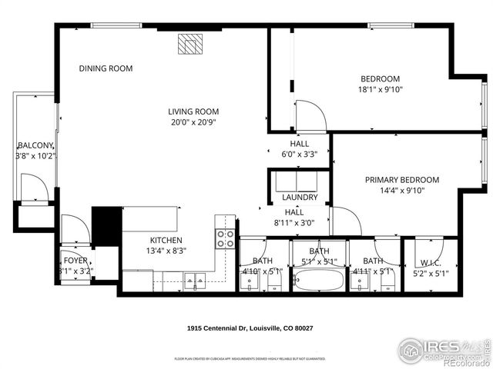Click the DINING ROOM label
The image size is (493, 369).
(106, 68)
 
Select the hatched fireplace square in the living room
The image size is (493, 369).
(189, 45)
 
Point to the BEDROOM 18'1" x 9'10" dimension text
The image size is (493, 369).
(381, 89)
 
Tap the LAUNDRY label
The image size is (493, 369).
(299, 198)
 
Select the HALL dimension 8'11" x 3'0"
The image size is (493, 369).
(299, 224)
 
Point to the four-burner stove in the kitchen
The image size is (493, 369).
(225, 239)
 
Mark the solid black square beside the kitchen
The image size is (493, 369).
(106, 225)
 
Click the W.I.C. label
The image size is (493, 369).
(431, 261)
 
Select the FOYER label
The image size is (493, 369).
(75, 261)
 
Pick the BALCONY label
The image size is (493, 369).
(35, 145)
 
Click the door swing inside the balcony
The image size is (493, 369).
(33, 187)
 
